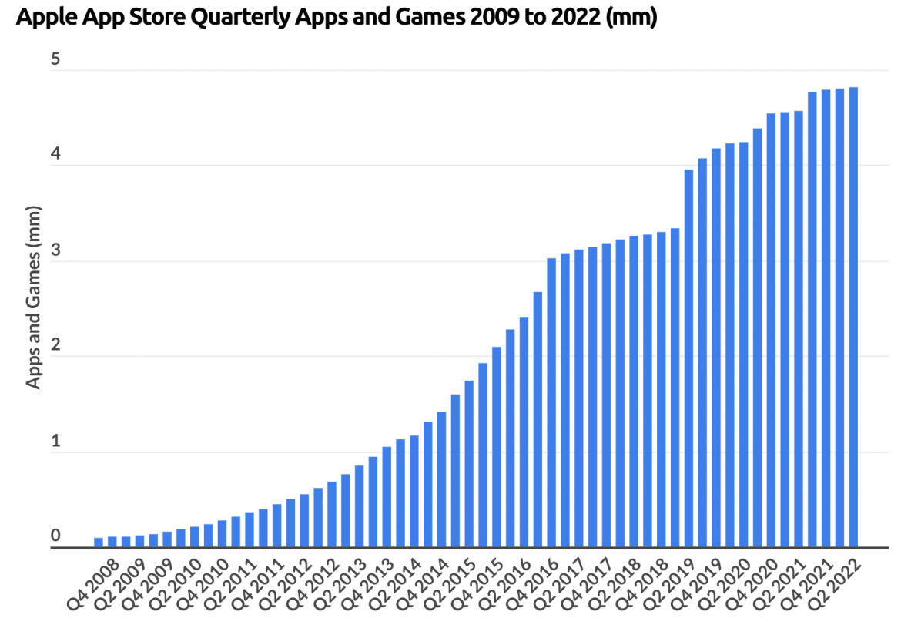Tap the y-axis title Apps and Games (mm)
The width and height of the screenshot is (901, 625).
[x=34, y=297]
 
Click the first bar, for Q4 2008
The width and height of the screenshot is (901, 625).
[x=99, y=543]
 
